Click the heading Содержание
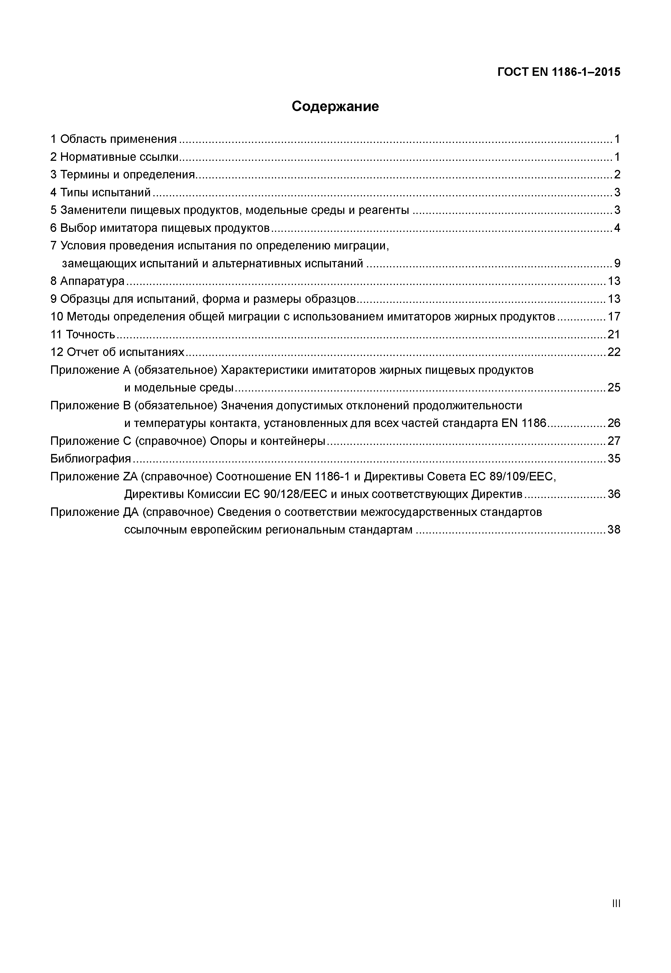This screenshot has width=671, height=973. pyautogui.click(x=335, y=106)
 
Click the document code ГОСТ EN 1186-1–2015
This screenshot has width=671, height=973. pyautogui.click(x=559, y=72)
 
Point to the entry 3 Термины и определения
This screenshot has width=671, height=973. pyautogui.click(x=122, y=174)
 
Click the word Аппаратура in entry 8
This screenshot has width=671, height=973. pyautogui.click(x=93, y=281)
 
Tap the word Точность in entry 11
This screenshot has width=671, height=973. pyautogui.click(x=90, y=334)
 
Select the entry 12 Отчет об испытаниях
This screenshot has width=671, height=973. pyautogui.click(x=117, y=352)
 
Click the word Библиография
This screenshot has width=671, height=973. pyautogui.click(x=90, y=458)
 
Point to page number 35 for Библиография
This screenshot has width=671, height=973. pyautogui.click(x=614, y=458)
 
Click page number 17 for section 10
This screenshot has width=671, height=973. pyautogui.click(x=614, y=317)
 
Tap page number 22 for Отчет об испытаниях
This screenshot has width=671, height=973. pyautogui.click(x=614, y=352)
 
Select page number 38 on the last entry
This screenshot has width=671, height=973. pyautogui.click(x=614, y=530)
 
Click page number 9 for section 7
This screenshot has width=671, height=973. pyautogui.click(x=617, y=264)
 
